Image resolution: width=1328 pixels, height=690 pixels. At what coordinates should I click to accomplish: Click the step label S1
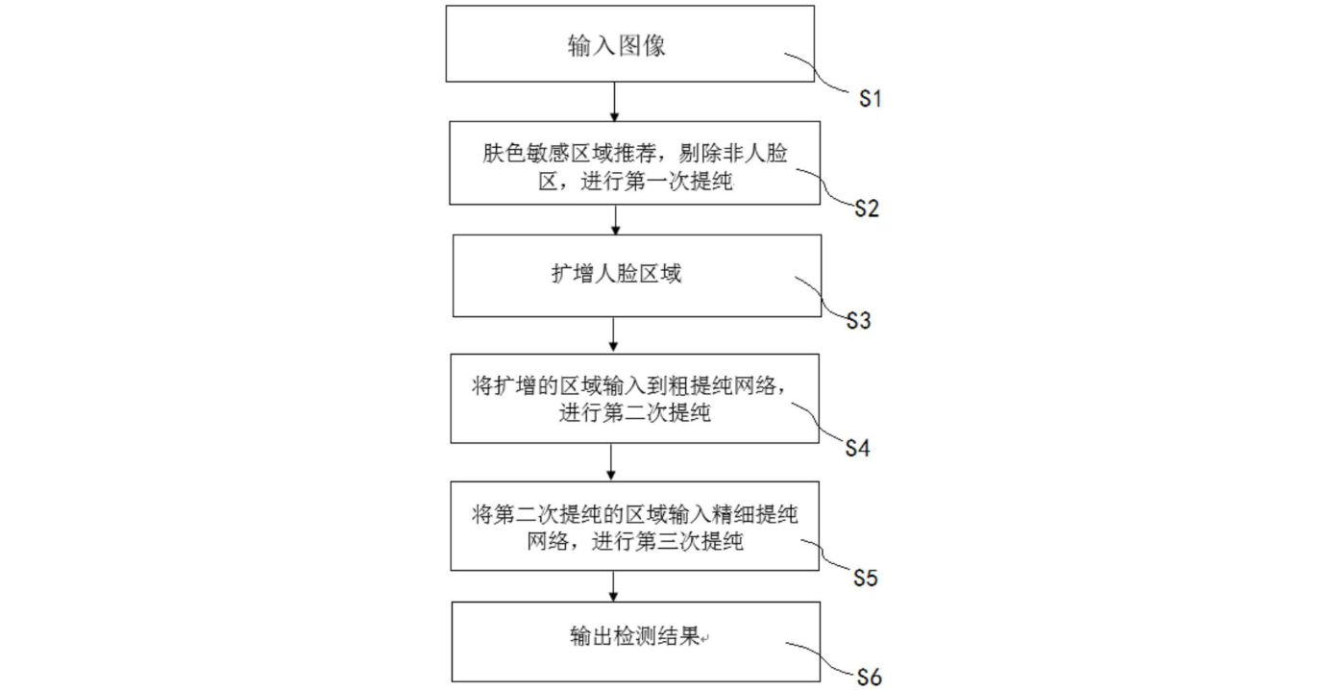point(870,98)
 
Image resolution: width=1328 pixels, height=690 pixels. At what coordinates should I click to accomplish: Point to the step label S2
point(868,209)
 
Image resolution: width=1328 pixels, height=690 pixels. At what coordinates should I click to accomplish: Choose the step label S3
point(858,320)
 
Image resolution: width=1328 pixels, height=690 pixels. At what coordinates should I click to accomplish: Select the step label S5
point(866,578)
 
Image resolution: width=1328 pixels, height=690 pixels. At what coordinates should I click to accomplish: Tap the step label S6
point(868,677)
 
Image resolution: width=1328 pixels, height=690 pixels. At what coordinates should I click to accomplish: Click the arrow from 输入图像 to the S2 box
point(615,101)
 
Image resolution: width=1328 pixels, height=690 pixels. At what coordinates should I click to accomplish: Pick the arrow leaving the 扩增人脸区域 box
point(613,335)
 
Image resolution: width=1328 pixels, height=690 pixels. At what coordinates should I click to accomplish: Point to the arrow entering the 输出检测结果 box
point(614,585)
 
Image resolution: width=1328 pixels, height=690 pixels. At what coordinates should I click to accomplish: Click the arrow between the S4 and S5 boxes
point(613,462)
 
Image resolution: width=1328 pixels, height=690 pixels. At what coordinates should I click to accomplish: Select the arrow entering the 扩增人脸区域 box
point(615,219)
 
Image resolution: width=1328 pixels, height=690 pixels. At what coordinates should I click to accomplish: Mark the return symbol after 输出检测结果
point(706,639)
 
